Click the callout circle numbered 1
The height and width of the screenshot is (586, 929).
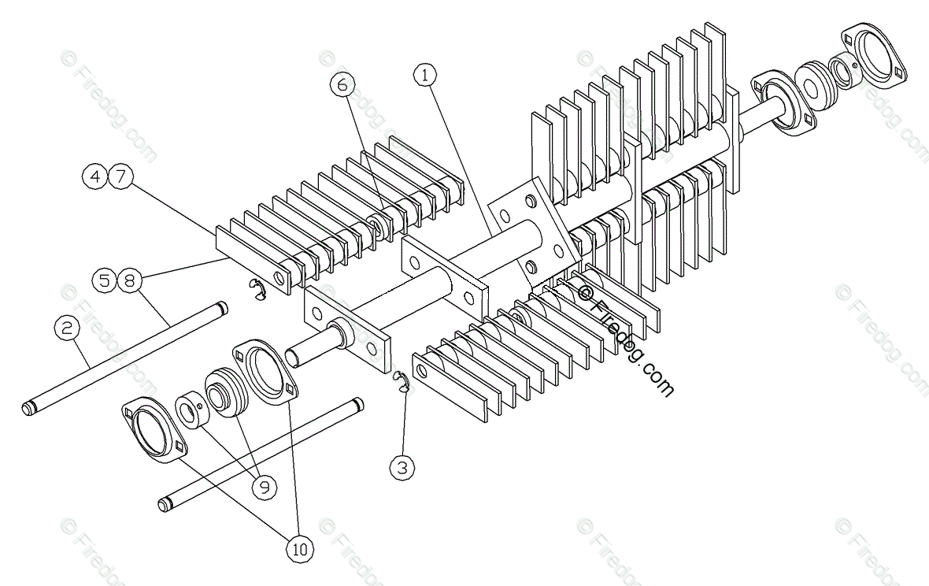[424, 75]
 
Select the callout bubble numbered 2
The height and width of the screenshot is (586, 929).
[67, 327]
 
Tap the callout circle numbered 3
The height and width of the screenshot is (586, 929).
[403, 468]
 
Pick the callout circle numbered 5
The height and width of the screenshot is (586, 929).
[105, 279]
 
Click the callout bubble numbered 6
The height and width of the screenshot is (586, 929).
[342, 85]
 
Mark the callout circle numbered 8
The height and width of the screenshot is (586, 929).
[130, 279]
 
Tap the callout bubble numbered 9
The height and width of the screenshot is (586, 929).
[265, 487]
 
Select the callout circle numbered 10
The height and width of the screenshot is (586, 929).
[299, 550]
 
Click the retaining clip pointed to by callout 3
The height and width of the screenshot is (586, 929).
[402, 382]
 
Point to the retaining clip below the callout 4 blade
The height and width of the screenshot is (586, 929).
[256, 290]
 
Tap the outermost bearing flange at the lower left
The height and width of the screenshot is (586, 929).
[154, 429]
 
